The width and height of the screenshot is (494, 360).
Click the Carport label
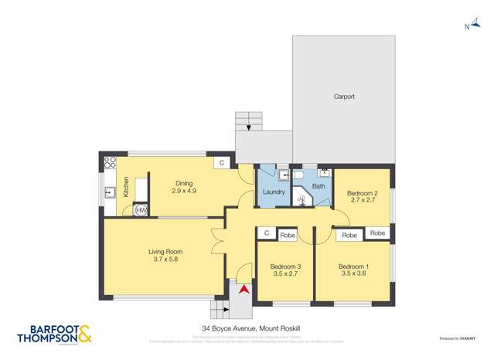click(344, 97)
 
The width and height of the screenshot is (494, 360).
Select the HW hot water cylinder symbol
click(141, 209)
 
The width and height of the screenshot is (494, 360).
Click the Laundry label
click(274, 192)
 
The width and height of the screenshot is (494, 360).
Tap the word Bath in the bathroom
click(319, 186)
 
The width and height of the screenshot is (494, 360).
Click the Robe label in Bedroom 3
click(287, 233)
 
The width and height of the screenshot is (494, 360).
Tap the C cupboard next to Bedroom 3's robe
click(267, 233)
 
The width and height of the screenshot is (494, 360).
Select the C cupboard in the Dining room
click(221, 163)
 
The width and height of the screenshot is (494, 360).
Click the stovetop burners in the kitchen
click(110, 163)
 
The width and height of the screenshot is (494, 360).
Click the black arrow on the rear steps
click(248, 127)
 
